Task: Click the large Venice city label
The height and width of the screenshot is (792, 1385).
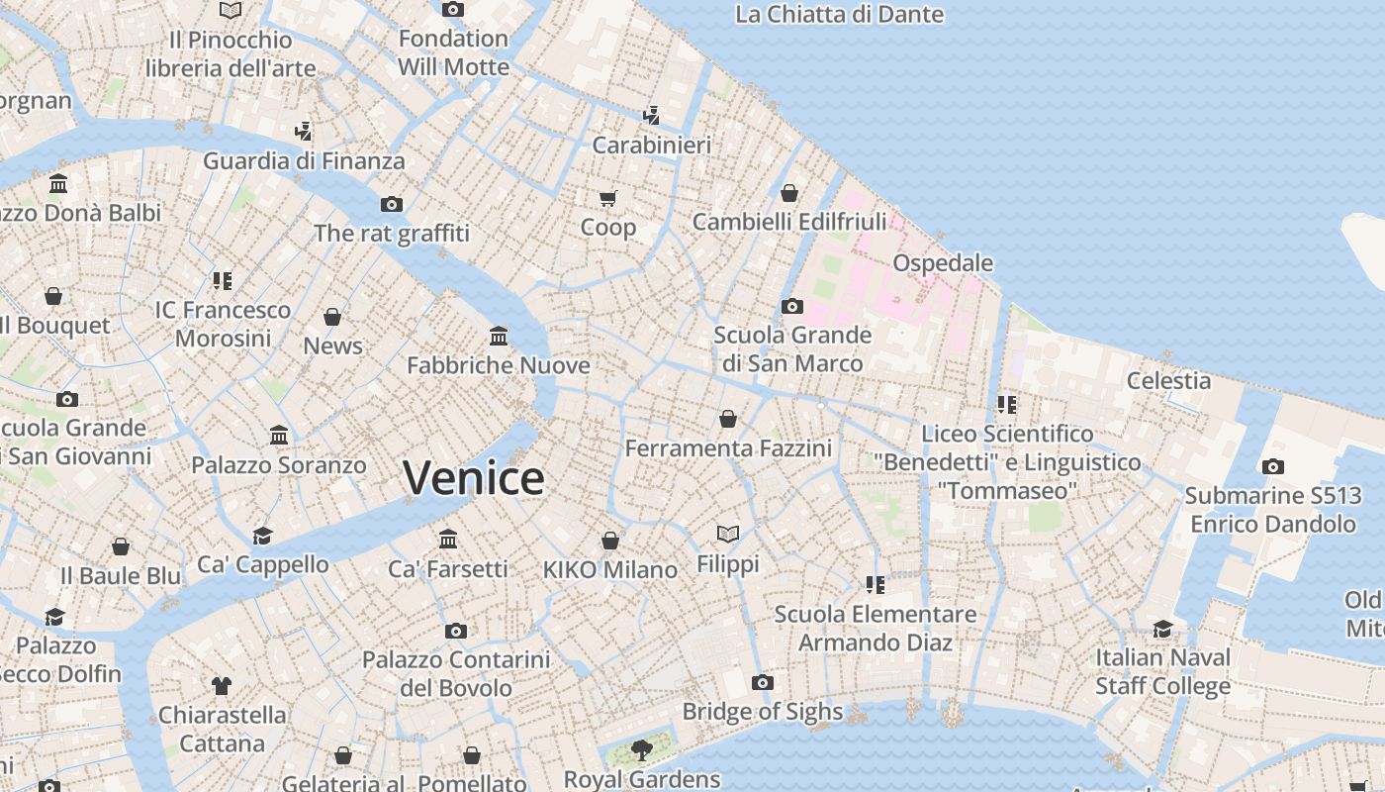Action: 474,478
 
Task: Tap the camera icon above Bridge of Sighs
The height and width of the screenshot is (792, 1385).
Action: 762,682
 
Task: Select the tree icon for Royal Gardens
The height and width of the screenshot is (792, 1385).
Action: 642,750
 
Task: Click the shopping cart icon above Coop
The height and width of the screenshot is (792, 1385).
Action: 607,198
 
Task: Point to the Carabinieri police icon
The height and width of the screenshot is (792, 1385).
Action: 651,116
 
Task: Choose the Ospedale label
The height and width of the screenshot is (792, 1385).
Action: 943,263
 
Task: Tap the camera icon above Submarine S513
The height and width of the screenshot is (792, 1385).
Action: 1273,466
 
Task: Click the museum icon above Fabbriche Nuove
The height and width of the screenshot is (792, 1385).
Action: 499,337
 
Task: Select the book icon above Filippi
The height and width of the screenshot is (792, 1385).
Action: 728,535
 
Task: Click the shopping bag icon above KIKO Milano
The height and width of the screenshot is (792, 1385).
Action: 610,541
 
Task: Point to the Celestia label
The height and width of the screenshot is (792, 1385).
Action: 1168,380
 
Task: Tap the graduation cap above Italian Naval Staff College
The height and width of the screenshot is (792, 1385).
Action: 1162,629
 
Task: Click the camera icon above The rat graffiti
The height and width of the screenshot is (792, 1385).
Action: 392,204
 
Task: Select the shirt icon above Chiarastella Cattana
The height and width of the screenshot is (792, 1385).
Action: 222,685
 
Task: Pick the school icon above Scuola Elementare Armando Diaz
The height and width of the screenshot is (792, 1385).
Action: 875,585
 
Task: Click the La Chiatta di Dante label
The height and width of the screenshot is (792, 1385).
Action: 840,15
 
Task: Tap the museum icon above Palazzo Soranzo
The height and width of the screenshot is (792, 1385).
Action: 279,436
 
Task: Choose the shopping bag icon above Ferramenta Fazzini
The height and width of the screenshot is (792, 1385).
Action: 728,419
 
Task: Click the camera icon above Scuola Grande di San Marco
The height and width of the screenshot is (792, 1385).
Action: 791,306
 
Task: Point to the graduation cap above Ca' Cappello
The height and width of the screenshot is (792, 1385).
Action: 262,536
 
